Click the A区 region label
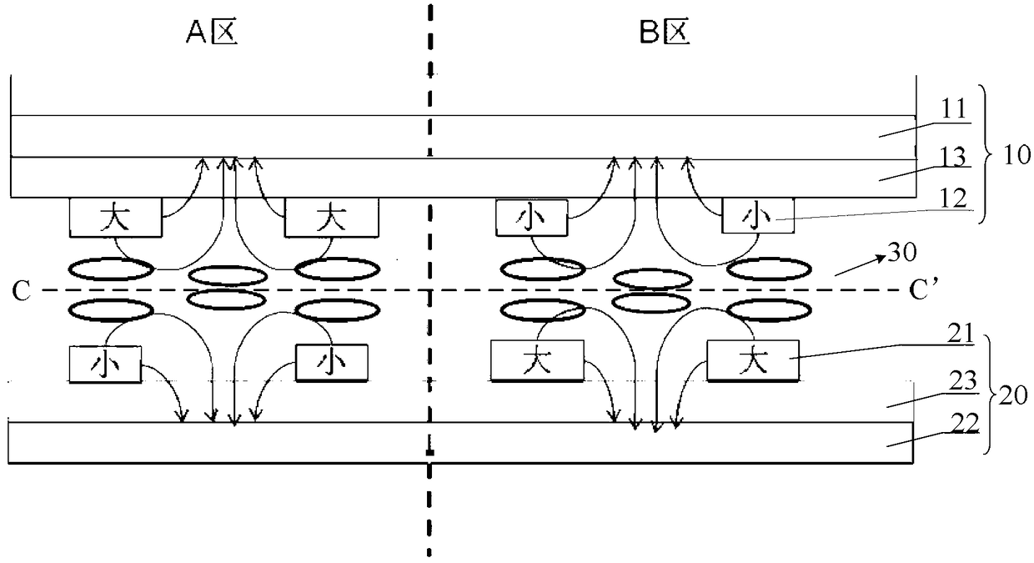tap(211, 34)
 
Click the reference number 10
tap(1013, 155)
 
